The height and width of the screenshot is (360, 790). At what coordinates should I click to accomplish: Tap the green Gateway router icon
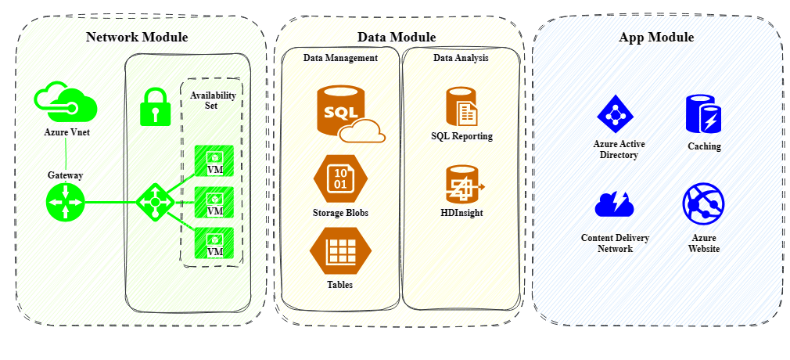tap(66, 203)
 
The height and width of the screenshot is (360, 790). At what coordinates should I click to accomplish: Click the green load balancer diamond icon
tap(155, 203)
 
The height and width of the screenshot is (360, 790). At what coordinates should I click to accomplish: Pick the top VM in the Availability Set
tap(214, 160)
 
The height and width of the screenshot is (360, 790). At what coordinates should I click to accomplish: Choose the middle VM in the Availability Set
tap(214, 202)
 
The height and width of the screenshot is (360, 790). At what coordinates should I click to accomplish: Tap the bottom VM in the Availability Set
tap(214, 243)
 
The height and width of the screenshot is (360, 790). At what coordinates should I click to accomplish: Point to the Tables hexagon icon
tap(339, 250)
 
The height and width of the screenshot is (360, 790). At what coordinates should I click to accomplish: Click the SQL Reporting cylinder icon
tap(461, 107)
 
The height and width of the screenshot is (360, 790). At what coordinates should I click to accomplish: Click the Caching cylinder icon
tap(704, 114)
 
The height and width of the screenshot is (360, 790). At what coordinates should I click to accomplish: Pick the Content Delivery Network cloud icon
tap(614, 205)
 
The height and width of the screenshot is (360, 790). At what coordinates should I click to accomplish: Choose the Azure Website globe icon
tap(703, 205)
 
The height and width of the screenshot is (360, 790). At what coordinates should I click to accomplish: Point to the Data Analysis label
tap(461, 58)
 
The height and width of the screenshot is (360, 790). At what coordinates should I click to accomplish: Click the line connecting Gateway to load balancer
tap(110, 203)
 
